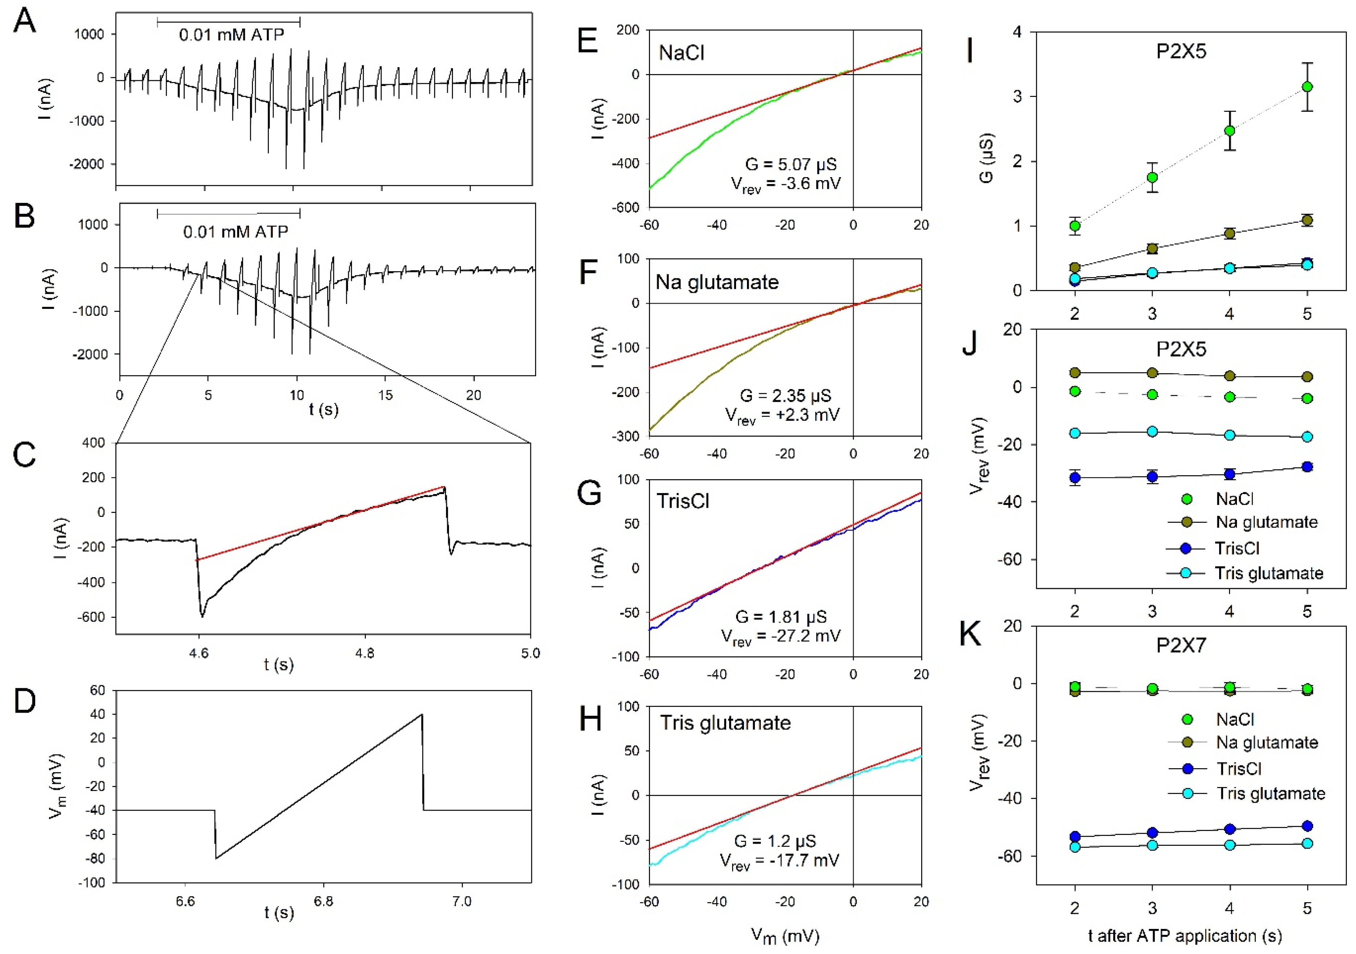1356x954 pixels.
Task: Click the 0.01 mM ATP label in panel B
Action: click(236, 232)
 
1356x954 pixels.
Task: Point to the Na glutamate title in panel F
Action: click(717, 282)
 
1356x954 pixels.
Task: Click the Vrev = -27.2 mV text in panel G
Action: click(780, 637)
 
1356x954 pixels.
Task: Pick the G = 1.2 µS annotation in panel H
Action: click(775, 841)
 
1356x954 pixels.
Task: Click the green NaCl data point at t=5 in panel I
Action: click(1307, 87)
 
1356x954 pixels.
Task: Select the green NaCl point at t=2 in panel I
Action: click(1075, 226)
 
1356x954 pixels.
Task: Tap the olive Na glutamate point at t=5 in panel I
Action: click(1307, 220)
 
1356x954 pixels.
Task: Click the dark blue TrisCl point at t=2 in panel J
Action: click(1075, 477)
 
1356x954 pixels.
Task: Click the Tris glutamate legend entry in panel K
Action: click(1270, 793)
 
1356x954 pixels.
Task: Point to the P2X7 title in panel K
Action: click(1181, 646)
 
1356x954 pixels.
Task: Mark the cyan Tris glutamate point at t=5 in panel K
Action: click(1307, 844)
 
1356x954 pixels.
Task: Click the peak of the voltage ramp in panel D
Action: click(422, 715)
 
